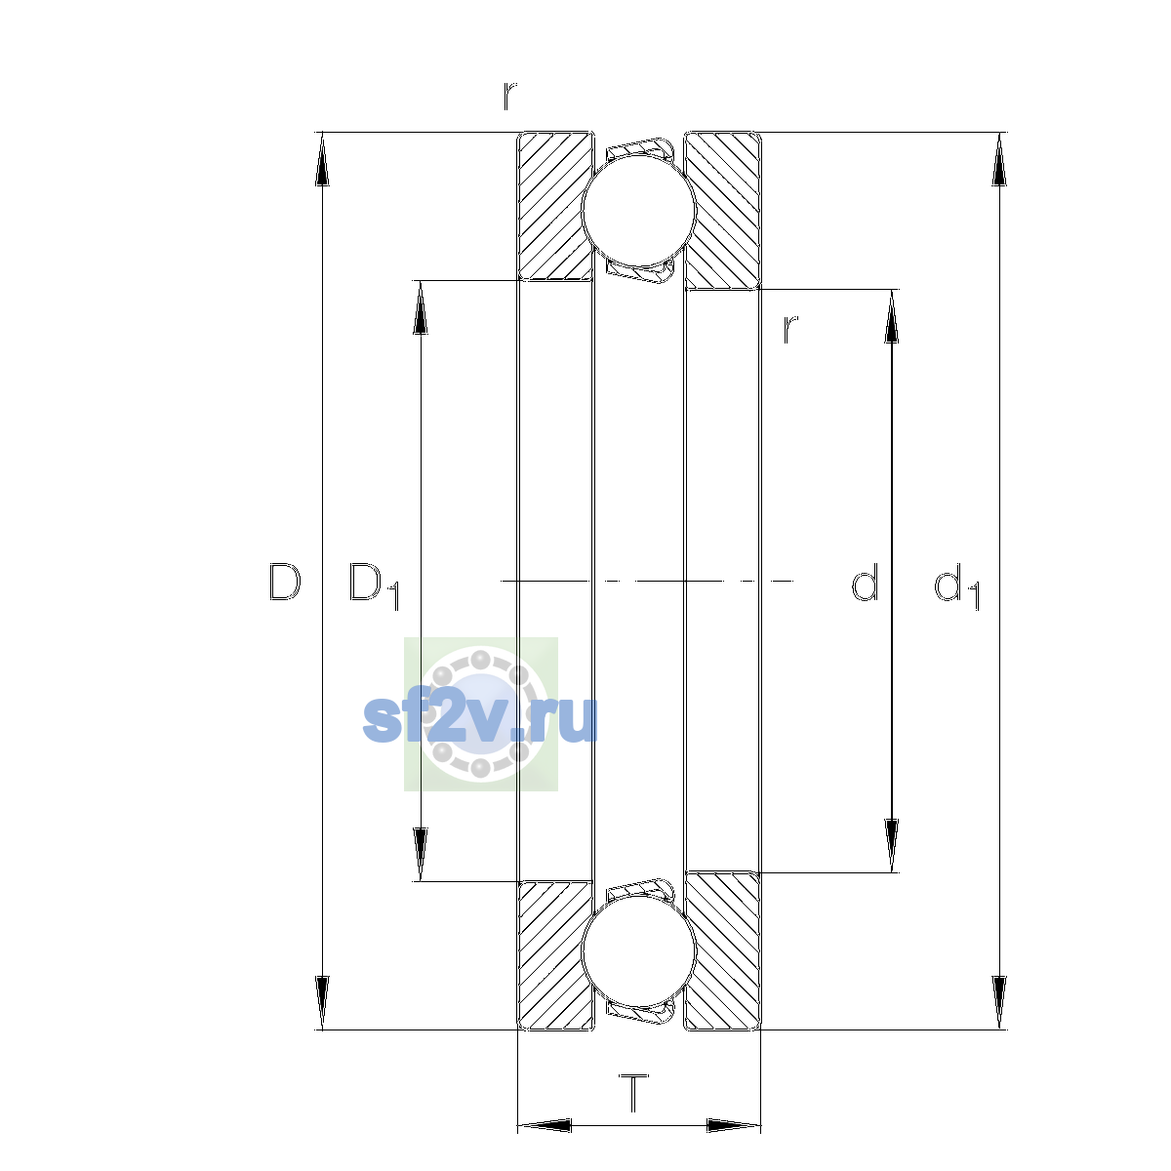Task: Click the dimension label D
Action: pos(284,583)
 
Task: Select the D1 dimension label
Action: pos(374,585)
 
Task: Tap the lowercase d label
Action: pos(865,582)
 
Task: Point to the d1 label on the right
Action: pos(956,585)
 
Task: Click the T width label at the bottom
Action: pos(633,1093)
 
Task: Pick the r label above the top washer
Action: pos(509,96)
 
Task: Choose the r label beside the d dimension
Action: pos(790,330)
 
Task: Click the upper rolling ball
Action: pos(638,210)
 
